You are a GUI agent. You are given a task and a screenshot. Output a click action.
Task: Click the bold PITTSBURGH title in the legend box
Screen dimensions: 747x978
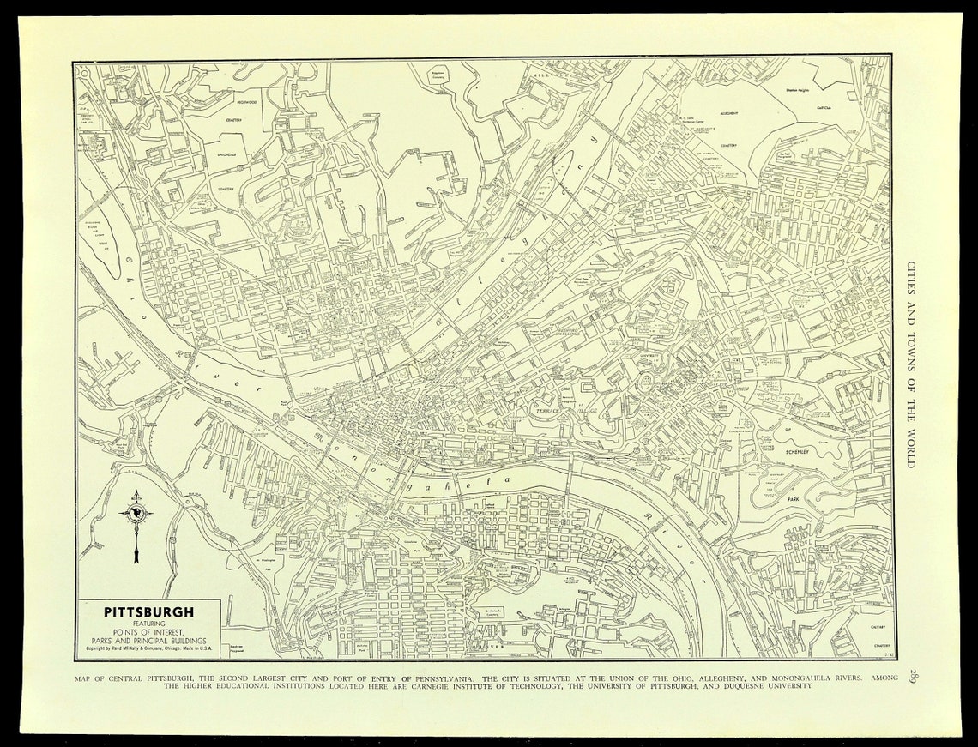[148, 612]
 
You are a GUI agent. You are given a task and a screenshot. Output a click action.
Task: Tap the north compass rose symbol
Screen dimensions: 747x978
[136, 514]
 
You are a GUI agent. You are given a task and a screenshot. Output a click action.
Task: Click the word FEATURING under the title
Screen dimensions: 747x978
[148, 624]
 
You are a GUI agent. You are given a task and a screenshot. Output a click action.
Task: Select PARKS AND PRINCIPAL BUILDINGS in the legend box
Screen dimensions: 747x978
[148, 640]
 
